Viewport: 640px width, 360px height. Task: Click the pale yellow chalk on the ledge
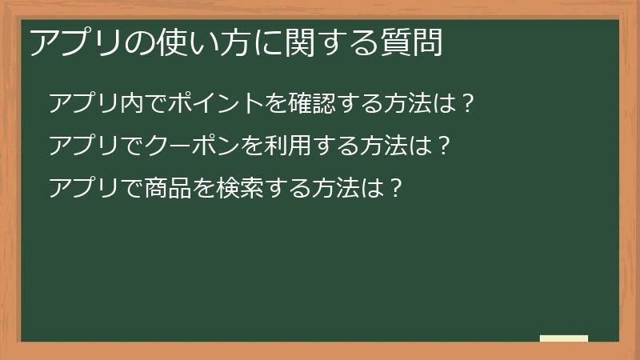(x=563, y=338)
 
